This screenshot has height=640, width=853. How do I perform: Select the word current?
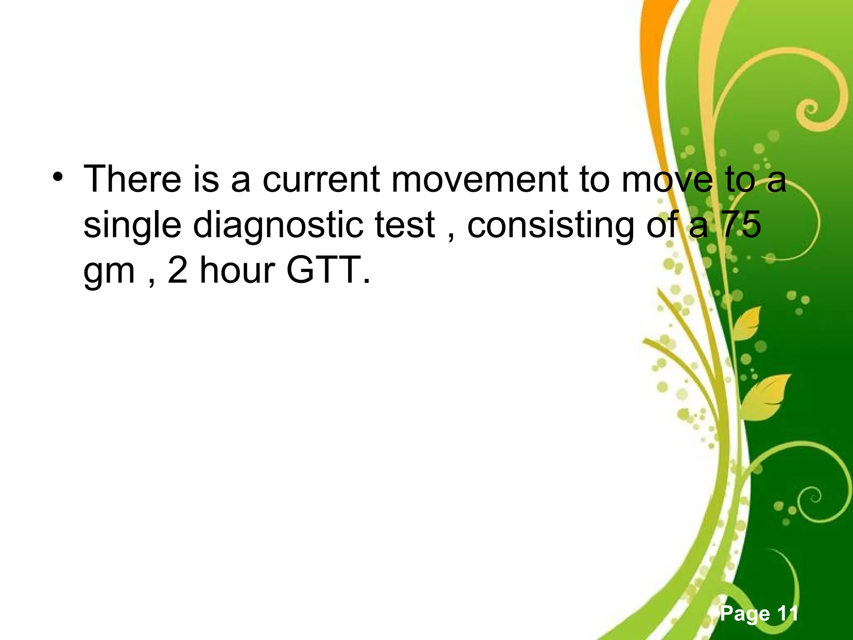click(x=321, y=180)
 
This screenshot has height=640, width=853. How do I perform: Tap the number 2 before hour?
click(x=178, y=271)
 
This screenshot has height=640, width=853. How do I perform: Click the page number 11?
click(x=785, y=614)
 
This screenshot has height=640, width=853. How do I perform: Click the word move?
click(x=666, y=180)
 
